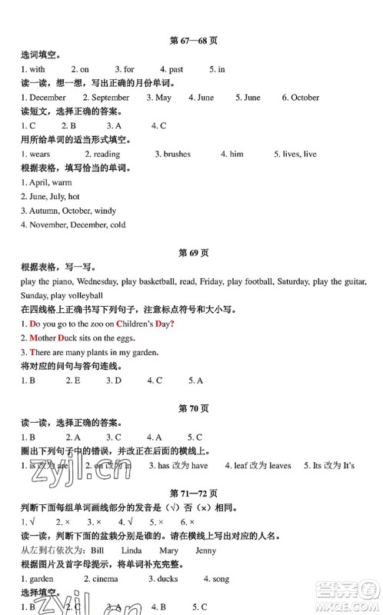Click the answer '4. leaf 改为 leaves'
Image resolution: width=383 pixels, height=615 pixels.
pos(258,465)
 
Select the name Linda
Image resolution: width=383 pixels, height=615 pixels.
pos(132,550)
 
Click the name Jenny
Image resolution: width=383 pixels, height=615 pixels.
pos(205,550)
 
